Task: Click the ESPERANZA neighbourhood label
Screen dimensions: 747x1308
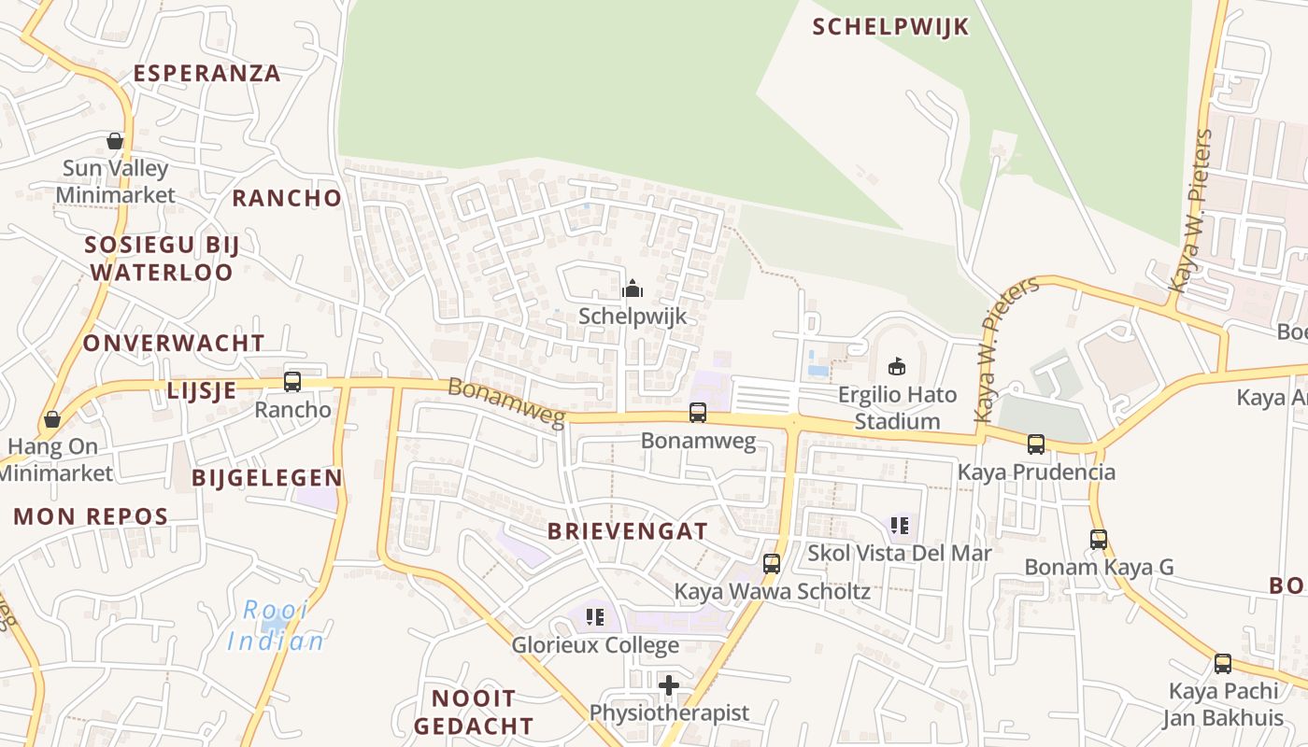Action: click(x=206, y=73)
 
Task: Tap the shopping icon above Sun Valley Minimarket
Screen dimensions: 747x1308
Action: click(x=115, y=141)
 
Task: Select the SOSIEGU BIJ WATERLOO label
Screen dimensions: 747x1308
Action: click(x=162, y=259)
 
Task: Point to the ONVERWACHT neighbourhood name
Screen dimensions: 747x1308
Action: click(x=174, y=343)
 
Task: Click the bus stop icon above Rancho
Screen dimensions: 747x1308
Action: click(x=292, y=381)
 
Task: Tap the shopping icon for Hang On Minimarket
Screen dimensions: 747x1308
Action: click(x=52, y=419)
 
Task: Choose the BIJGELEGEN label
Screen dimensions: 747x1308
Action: click(x=267, y=477)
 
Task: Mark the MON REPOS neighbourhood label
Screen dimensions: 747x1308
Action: click(x=91, y=516)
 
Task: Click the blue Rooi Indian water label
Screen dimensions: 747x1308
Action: click(x=277, y=626)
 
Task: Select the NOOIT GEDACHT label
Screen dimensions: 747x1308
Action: click(x=474, y=712)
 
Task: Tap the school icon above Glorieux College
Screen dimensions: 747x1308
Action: click(x=594, y=617)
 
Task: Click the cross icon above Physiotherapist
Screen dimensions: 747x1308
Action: click(x=669, y=685)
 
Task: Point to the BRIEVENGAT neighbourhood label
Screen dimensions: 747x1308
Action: click(x=627, y=531)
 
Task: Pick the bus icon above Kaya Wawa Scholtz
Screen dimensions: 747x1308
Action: click(x=772, y=563)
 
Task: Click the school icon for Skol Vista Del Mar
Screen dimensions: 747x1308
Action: click(x=899, y=526)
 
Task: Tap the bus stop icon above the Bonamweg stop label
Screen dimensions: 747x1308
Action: click(x=697, y=413)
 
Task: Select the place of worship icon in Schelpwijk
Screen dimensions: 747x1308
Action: click(x=633, y=289)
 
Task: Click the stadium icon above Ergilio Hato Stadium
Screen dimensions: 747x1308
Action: click(x=897, y=366)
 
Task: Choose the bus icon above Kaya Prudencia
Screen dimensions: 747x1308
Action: click(x=1035, y=444)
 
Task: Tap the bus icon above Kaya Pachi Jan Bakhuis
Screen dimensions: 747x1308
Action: click(x=1222, y=664)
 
